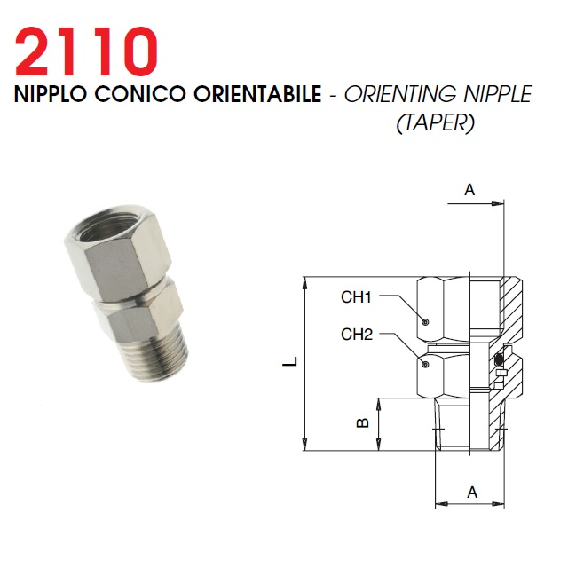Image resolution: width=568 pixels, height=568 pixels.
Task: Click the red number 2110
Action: [x=86, y=51]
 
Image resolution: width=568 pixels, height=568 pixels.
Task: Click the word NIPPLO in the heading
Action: [x=51, y=94]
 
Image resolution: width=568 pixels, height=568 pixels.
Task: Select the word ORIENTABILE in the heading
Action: [x=257, y=94]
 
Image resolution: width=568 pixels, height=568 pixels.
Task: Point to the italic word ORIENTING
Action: [x=400, y=94]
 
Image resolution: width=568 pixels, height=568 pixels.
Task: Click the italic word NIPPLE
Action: [x=498, y=94]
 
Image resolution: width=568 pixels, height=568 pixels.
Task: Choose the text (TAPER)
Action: [x=436, y=123]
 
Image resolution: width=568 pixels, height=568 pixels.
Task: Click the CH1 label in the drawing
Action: [x=356, y=297]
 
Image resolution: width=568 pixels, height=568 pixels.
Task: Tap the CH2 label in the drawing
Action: [x=357, y=335]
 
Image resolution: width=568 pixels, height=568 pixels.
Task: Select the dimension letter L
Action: [x=290, y=361]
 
